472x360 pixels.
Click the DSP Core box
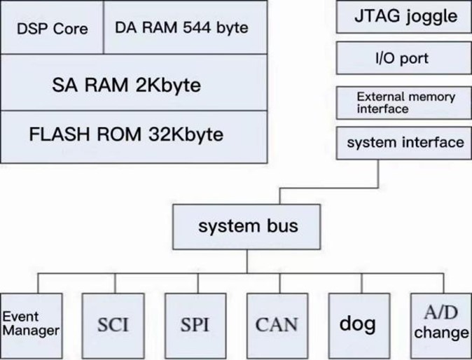[52, 28]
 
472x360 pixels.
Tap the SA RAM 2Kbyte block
[134, 84]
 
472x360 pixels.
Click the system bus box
[247, 226]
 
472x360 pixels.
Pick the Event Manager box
[30, 323]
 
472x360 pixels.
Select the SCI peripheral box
[112, 324]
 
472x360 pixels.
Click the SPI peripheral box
[194, 324]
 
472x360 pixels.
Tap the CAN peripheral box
[276, 324]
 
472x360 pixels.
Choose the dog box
[357, 324]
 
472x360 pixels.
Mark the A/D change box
[440, 323]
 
